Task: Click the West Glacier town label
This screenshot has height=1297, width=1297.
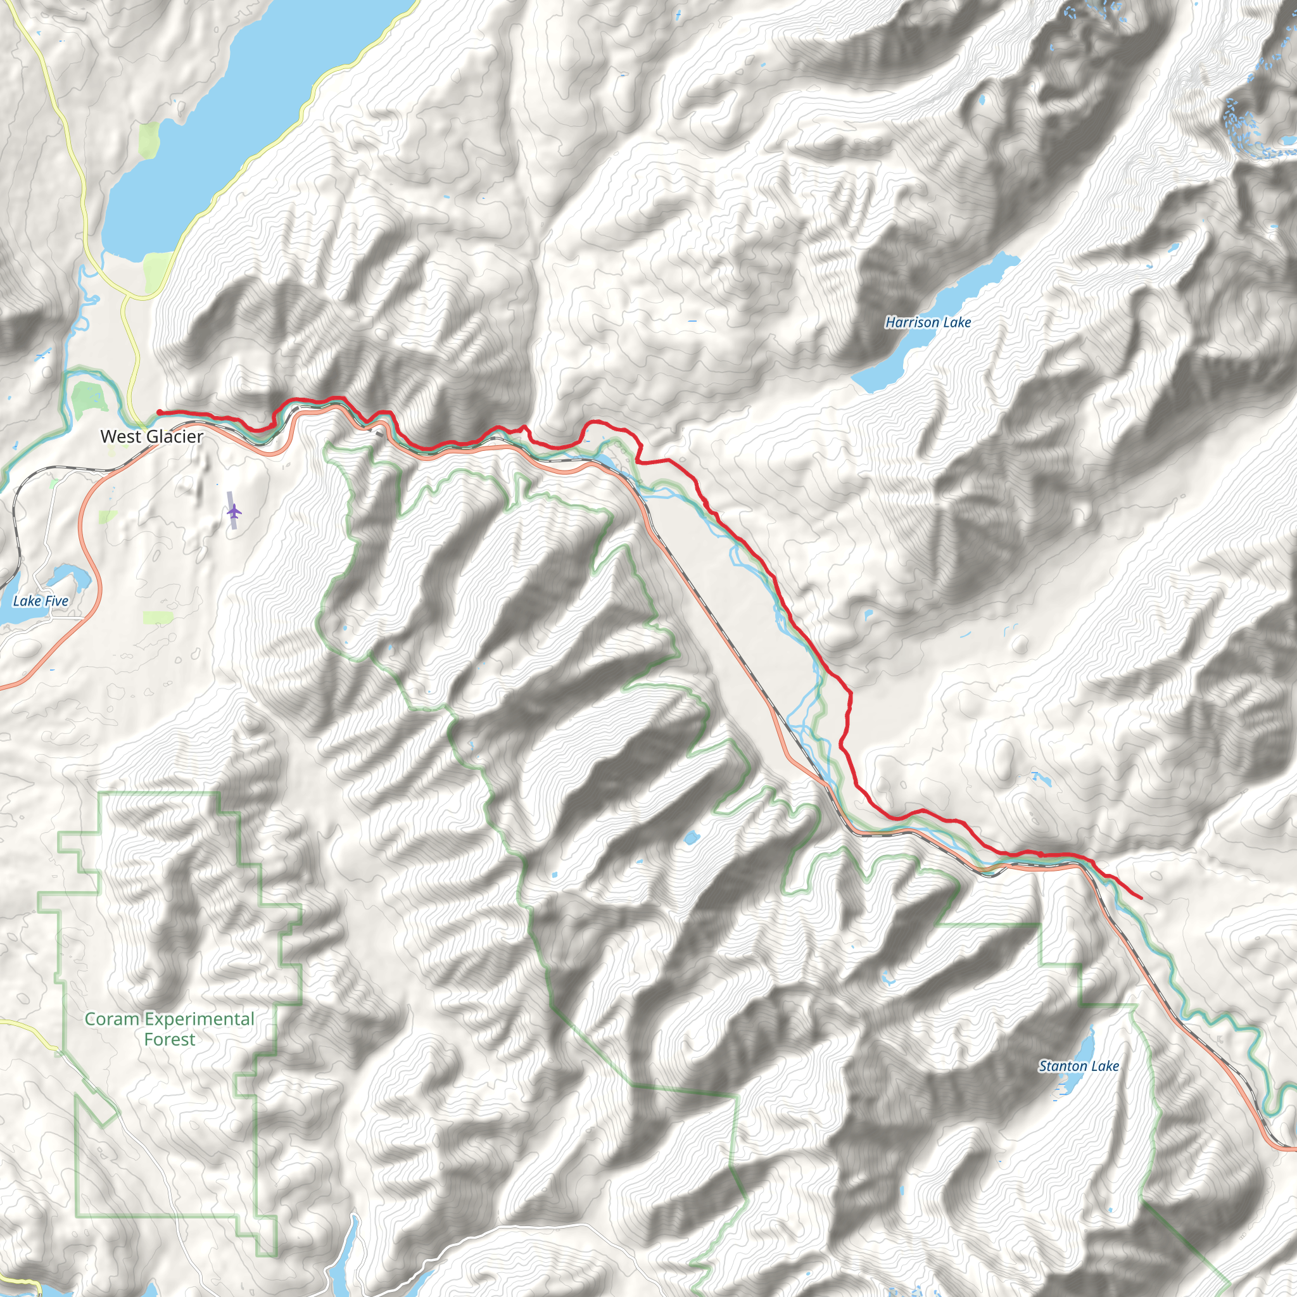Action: (x=152, y=436)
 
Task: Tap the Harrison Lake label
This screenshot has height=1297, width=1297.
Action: (x=928, y=322)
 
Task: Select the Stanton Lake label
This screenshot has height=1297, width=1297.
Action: (x=1079, y=1065)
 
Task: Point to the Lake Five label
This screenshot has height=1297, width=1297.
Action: (x=41, y=601)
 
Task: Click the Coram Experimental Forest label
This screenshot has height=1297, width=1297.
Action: (x=169, y=1028)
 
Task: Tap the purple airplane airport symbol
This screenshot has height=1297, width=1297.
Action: (x=234, y=512)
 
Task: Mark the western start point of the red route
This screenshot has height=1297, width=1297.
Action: (x=159, y=412)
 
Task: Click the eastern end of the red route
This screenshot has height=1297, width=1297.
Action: (x=1141, y=897)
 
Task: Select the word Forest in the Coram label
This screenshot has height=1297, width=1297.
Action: (x=169, y=1039)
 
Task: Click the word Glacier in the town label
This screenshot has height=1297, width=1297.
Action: (x=172, y=436)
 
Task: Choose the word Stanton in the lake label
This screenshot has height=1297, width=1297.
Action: (x=1063, y=1065)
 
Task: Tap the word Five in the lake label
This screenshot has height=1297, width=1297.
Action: (x=56, y=601)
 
